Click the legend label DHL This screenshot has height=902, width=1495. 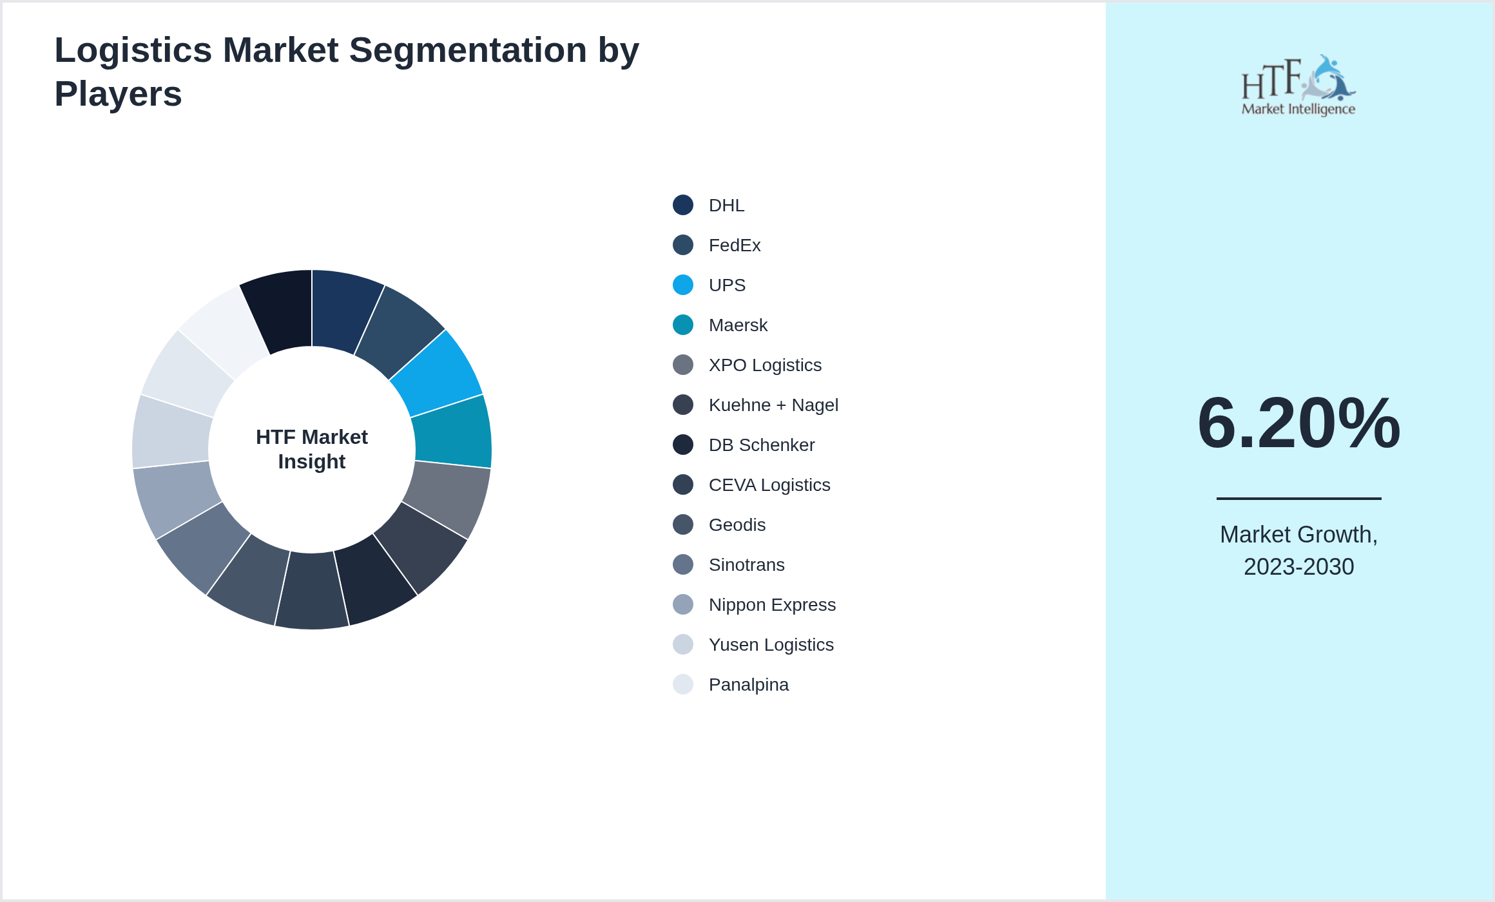click(x=726, y=206)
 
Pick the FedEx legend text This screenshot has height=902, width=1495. click(x=734, y=245)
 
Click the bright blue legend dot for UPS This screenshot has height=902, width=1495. click(x=682, y=285)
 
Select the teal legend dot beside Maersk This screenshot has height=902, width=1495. click(x=682, y=325)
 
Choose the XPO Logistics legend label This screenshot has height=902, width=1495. click(x=764, y=365)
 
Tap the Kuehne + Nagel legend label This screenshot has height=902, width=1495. click(x=773, y=405)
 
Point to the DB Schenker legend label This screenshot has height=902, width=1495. click(x=761, y=445)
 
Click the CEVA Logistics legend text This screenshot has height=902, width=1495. click(x=769, y=485)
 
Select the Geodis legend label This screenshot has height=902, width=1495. click(x=737, y=525)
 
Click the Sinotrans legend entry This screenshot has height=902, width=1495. click(x=746, y=565)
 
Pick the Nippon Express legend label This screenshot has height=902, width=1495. click(x=771, y=605)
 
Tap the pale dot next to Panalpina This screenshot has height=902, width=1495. click(x=682, y=684)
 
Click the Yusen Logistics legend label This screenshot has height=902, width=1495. click(x=771, y=645)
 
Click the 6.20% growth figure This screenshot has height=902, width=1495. click(x=1298, y=423)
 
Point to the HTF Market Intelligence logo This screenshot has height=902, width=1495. click(x=1298, y=86)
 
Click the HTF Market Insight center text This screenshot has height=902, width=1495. click(x=312, y=449)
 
